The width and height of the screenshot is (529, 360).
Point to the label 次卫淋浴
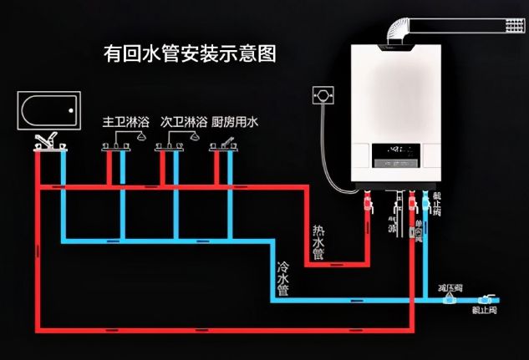[183, 122]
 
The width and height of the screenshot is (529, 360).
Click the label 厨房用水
[236, 122]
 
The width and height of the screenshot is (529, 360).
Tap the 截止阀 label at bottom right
[485, 310]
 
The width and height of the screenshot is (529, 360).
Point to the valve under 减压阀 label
[450, 298]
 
